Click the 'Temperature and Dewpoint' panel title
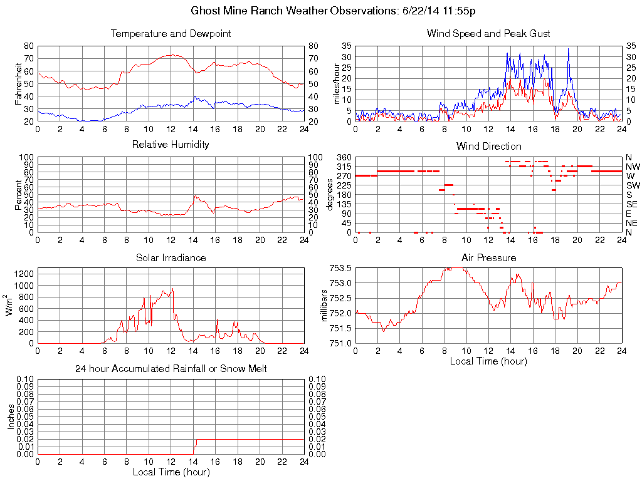[x=171, y=33]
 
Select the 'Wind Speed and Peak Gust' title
[x=488, y=33]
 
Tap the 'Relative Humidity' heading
[x=171, y=145]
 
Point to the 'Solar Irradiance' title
[x=171, y=257]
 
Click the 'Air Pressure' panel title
[x=488, y=257]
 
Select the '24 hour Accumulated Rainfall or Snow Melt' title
[x=171, y=369]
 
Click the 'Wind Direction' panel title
[x=488, y=146]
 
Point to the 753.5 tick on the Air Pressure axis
[x=341, y=268]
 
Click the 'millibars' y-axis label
[x=325, y=305]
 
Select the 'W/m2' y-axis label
[x=11, y=305]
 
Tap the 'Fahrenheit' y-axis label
[x=19, y=83]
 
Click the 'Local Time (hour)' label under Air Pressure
[x=488, y=361]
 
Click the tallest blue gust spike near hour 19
[x=568, y=50]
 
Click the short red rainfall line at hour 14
[x=195, y=446]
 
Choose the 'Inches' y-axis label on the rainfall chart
[x=11, y=416]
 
